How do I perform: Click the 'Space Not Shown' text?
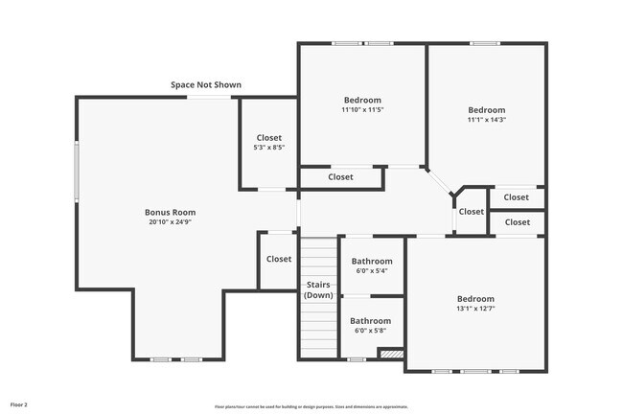tap(206, 85)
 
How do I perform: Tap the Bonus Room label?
tap(171, 212)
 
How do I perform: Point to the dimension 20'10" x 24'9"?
tap(171, 222)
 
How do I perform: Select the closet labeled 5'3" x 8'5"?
tap(268, 143)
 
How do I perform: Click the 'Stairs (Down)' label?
tap(319, 289)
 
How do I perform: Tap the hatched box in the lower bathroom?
tap(391, 354)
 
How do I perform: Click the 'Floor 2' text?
tap(19, 404)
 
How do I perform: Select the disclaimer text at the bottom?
tap(311, 406)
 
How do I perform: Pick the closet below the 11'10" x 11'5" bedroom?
tap(340, 177)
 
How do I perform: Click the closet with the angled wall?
tap(471, 212)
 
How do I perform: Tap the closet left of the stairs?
tap(279, 259)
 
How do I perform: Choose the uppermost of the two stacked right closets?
tap(517, 197)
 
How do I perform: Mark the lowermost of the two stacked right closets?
tap(517, 222)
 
